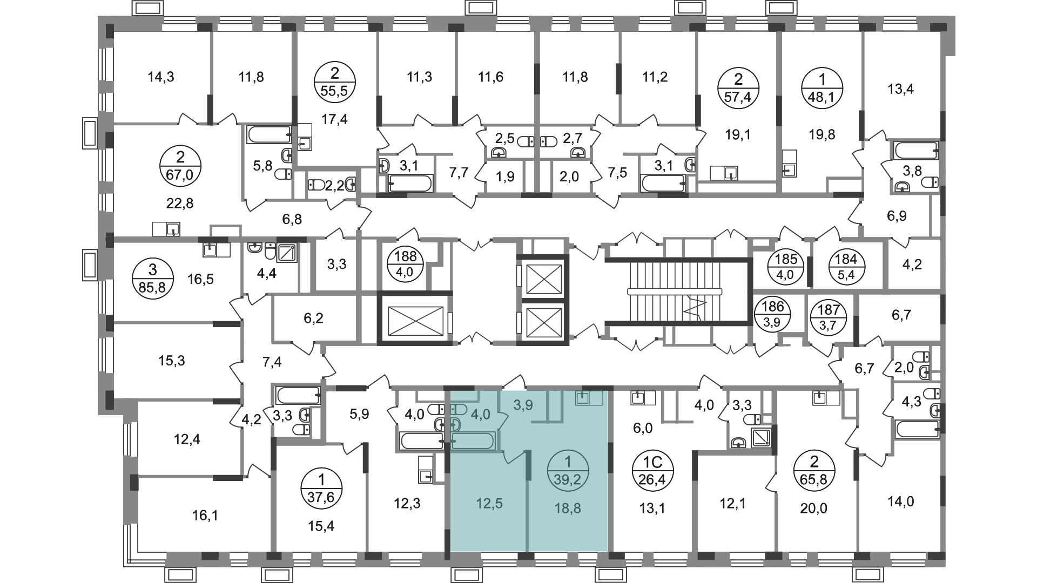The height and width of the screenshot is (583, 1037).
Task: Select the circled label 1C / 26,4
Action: point(653,471)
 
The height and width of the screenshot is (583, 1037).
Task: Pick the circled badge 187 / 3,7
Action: point(829,317)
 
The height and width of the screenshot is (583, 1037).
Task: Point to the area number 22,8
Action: point(180,203)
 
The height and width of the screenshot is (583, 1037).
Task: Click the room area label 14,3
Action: point(161,77)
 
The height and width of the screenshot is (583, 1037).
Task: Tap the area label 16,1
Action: point(205,516)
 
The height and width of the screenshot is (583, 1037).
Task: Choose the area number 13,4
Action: point(900,89)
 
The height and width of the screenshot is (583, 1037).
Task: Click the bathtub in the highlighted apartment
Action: point(473,442)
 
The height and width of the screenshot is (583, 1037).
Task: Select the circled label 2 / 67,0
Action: point(180,167)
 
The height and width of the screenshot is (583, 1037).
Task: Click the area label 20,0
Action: point(813,507)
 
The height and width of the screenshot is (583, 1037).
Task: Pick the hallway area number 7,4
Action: point(272,362)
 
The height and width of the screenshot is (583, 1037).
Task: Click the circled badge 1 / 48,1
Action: point(822,89)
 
